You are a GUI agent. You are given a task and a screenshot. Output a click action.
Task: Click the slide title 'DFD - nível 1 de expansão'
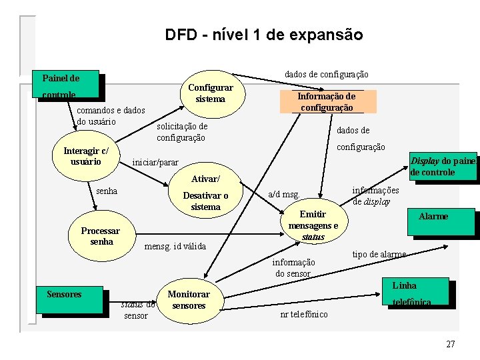pos(264,35)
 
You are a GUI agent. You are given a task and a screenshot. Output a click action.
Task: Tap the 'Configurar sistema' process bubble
pos(211,93)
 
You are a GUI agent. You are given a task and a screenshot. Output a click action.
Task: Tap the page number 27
pos(451,344)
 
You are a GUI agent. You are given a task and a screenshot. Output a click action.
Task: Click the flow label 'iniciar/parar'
pos(156,162)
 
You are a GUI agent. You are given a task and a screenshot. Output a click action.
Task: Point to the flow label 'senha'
pos(107,191)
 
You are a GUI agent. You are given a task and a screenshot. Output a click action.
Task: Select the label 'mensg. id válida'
pos(175,247)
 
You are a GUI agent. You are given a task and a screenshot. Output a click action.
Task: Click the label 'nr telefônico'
pos(304,314)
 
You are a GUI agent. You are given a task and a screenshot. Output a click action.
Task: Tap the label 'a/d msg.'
pos(283,195)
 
